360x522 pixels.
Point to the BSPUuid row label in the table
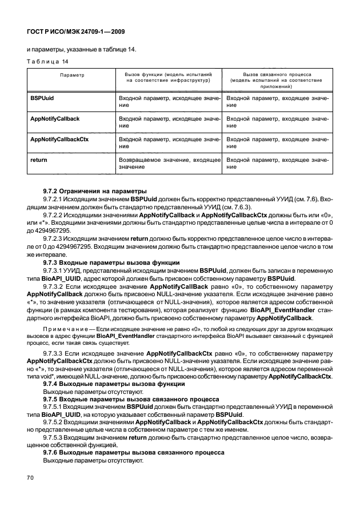tap(42, 99)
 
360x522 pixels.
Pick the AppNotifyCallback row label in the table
tap(54, 118)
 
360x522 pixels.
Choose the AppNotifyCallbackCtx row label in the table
tap(58, 139)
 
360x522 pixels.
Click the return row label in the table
tap(38, 160)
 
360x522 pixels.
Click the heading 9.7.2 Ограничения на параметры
tap(95, 190)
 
